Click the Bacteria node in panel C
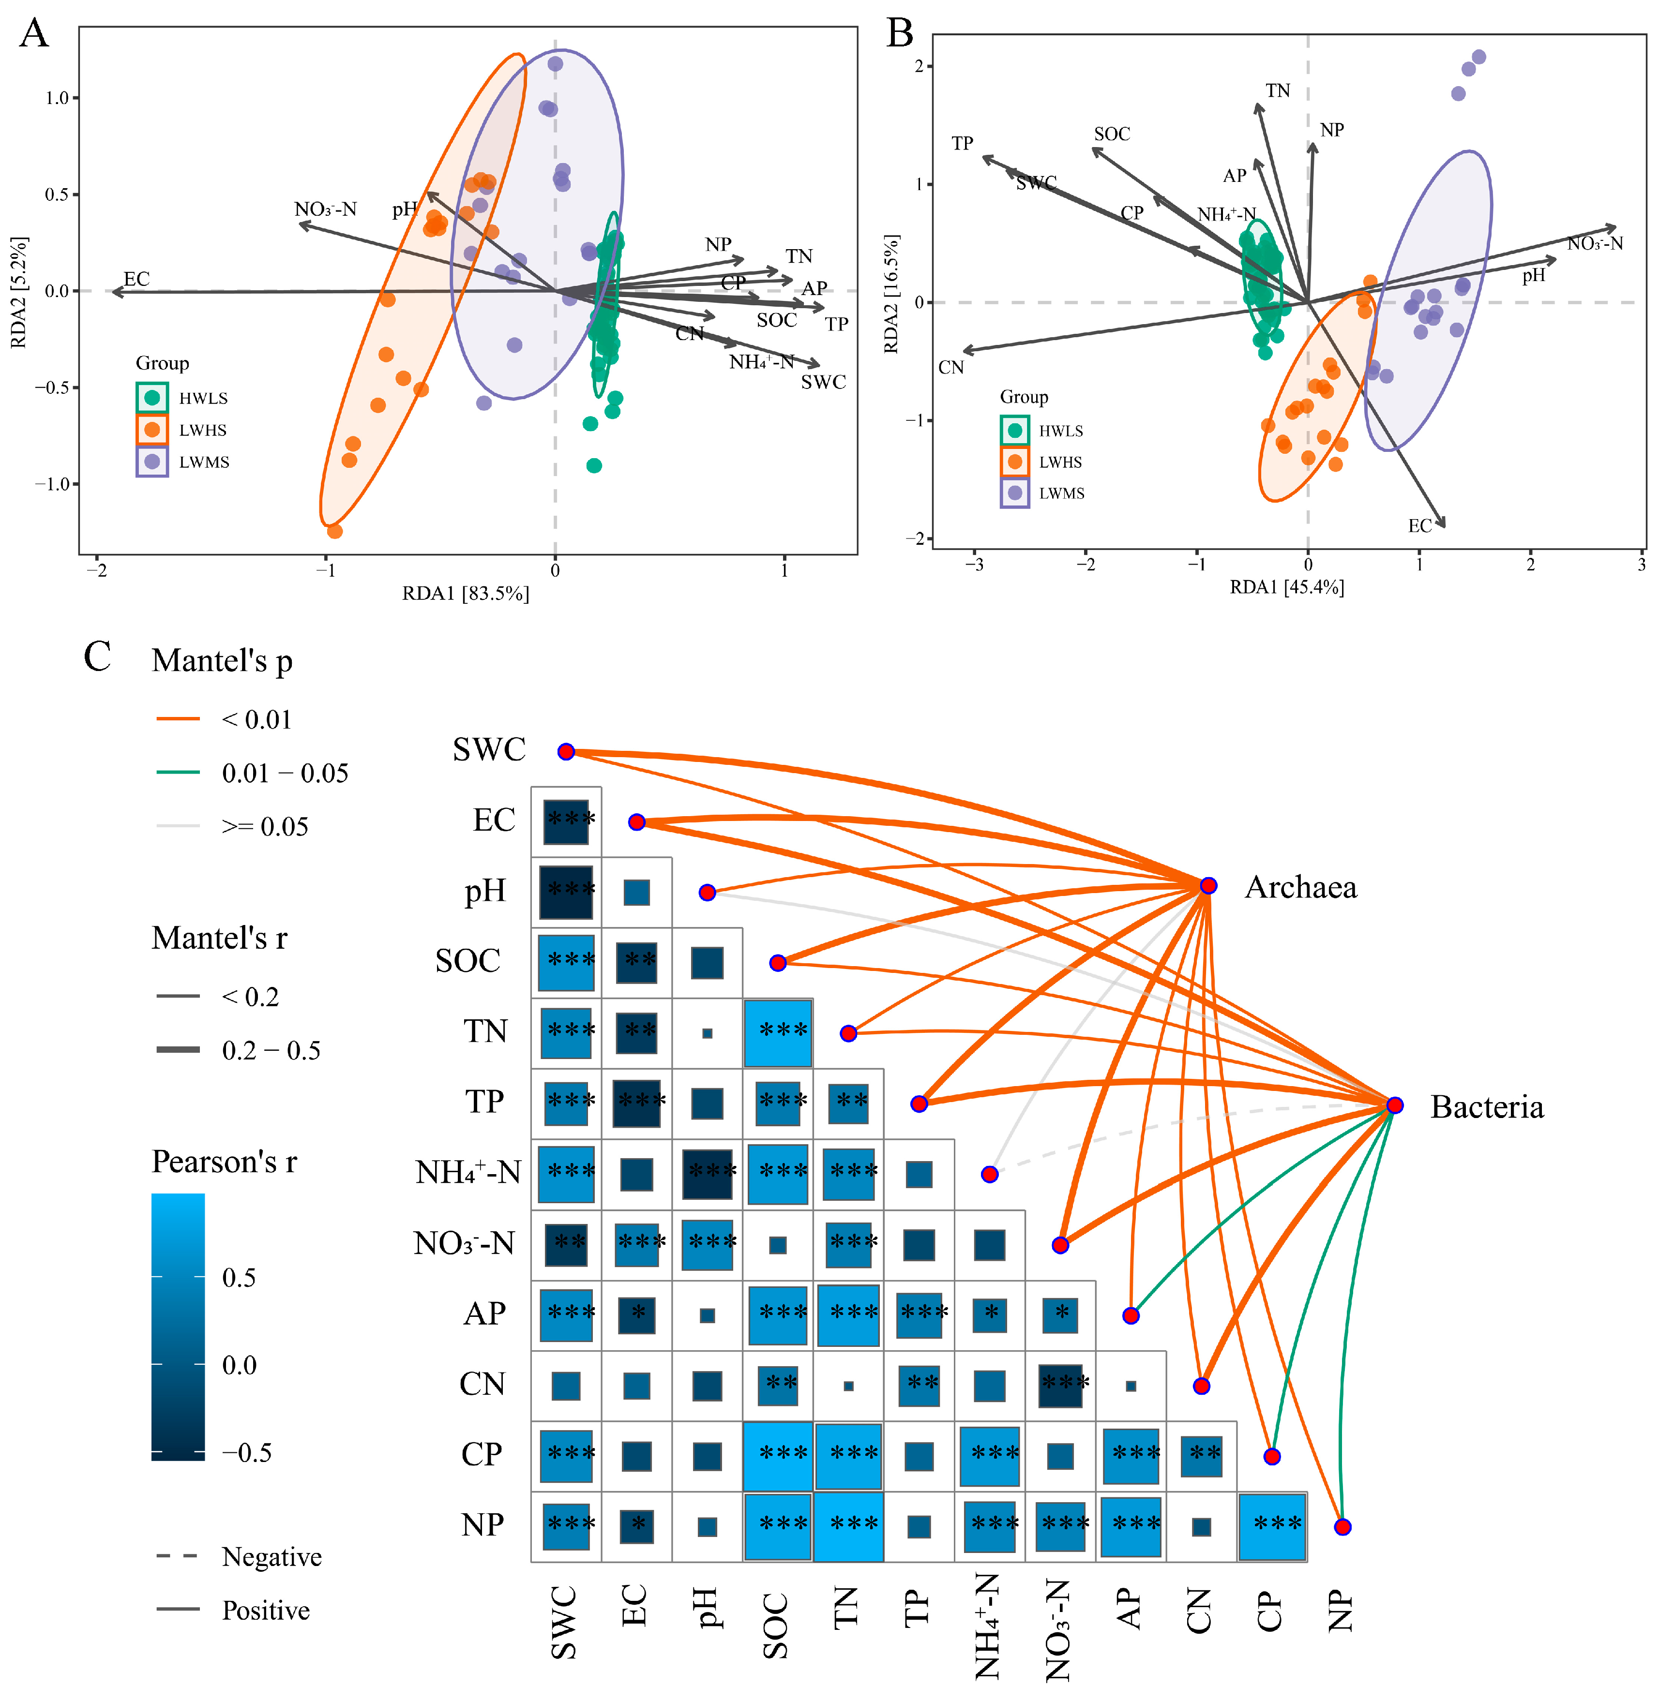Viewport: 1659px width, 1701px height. click(x=1394, y=1105)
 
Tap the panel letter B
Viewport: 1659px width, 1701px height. click(x=900, y=34)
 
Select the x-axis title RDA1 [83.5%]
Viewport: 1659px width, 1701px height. click(x=465, y=593)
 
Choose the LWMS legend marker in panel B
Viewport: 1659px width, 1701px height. click(x=1015, y=493)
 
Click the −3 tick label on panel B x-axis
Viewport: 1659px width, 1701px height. click(x=974, y=565)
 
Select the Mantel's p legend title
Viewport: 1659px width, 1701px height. click(x=222, y=661)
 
